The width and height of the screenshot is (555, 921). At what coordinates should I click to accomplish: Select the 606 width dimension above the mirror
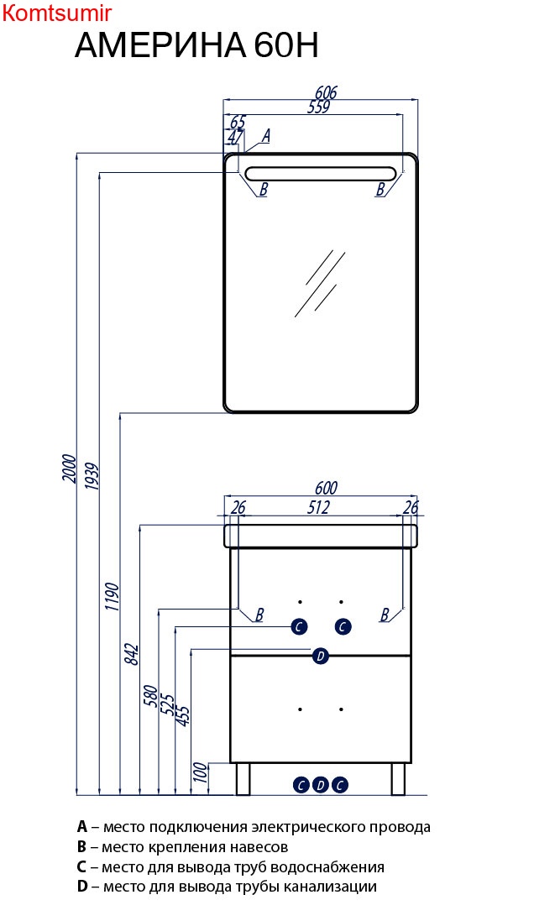[x=326, y=92]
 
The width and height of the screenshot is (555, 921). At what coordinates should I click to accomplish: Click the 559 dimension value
[x=318, y=107]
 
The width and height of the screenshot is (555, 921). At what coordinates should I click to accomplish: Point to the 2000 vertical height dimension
[x=70, y=468]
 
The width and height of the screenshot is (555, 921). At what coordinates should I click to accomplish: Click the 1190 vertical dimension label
[x=113, y=597]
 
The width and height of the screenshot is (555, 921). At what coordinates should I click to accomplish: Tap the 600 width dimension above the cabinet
[x=325, y=488]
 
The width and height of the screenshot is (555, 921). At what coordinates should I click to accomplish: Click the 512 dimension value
[x=318, y=506]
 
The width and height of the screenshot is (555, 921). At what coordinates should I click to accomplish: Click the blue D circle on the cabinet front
[x=319, y=657]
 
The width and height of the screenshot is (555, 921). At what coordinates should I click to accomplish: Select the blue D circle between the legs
[x=320, y=785]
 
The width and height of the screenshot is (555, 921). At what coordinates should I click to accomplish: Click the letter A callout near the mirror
[x=266, y=135]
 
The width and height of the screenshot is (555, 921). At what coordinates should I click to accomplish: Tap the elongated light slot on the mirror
[x=319, y=174]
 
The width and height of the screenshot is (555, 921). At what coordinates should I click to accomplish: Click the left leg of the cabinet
[x=243, y=779]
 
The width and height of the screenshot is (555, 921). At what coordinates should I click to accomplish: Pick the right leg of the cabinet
[x=398, y=779]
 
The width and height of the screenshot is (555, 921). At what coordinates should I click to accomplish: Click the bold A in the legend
[x=81, y=827]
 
